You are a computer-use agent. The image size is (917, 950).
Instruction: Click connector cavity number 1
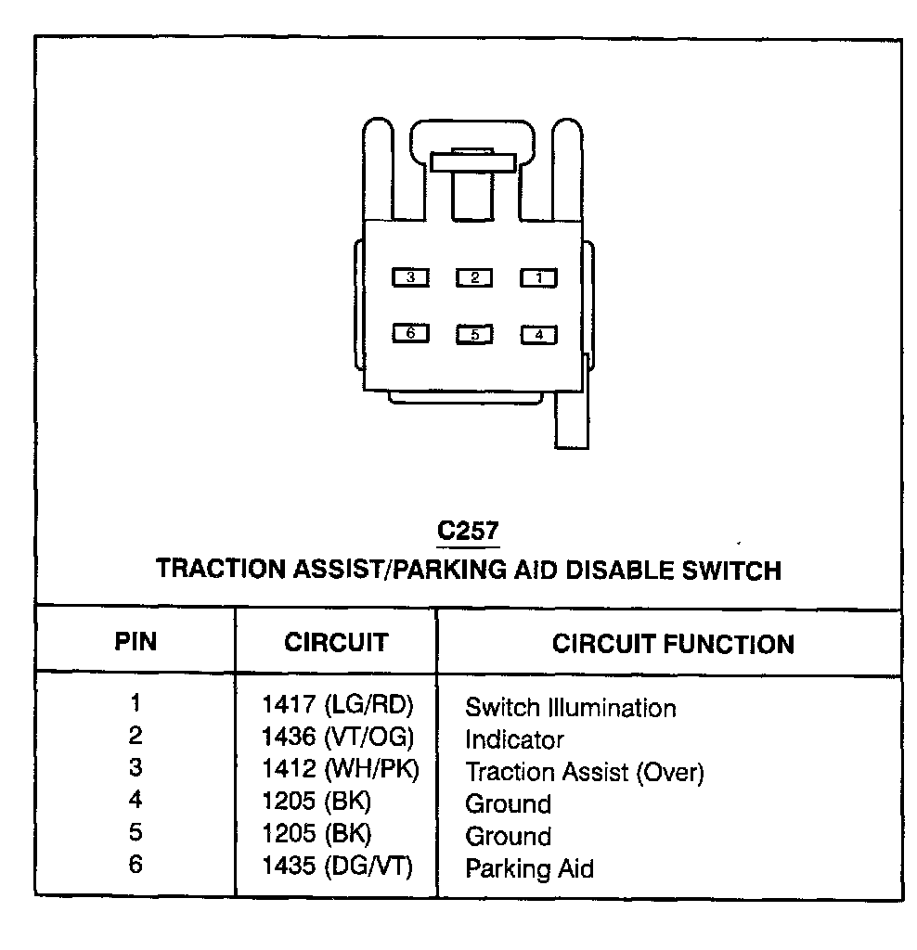tap(538, 277)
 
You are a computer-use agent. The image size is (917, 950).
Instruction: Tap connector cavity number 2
tap(474, 277)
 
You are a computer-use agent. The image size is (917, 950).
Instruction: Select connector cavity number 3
tap(410, 276)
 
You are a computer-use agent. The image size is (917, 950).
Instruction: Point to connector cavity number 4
tap(538, 335)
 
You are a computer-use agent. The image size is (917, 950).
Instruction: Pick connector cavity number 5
tap(474, 334)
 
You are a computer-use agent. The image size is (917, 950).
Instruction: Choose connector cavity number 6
tap(410, 332)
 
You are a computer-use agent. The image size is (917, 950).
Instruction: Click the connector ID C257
tap(468, 531)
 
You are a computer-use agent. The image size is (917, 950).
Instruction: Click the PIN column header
tap(136, 642)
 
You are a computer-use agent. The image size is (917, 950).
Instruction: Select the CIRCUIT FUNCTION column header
tap(673, 644)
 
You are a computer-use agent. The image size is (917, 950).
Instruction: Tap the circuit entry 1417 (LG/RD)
tap(338, 705)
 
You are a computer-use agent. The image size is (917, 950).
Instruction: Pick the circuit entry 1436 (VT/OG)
tap(338, 738)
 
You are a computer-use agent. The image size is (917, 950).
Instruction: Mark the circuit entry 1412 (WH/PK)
tap(340, 770)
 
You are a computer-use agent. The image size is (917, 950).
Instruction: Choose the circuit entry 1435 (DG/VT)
tap(338, 867)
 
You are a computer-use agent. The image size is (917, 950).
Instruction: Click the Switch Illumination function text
tap(570, 708)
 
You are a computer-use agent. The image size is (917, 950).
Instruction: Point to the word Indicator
tap(514, 740)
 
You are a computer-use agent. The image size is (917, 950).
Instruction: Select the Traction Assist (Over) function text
tap(585, 772)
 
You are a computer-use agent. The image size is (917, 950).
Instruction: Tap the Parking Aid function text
tap(529, 868)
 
